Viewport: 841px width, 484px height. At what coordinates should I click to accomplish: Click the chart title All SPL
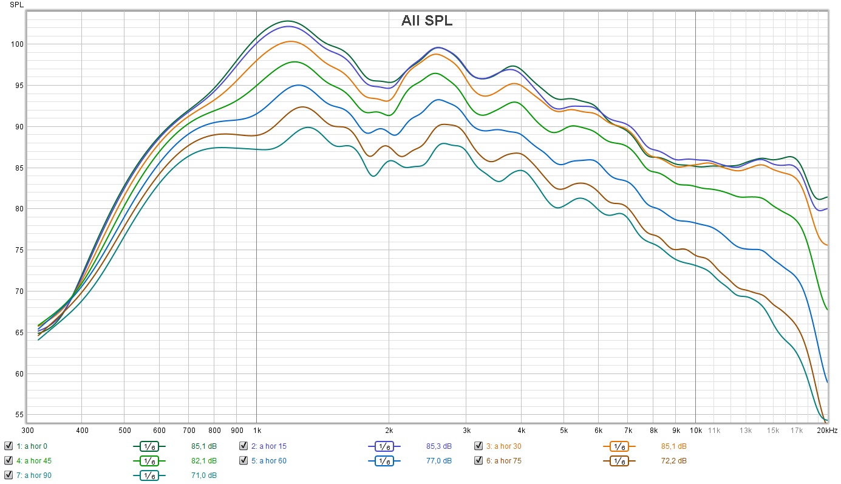pyautogui.click(x=426, y=21)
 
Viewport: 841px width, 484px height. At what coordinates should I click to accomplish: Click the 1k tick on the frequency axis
pyautogui.click(x=256, y=431)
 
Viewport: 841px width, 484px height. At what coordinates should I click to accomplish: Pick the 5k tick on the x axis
pyautogui.click(x=564, y=431)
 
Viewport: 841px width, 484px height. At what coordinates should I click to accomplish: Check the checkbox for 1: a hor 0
pyautogui.click(x=8, y=446)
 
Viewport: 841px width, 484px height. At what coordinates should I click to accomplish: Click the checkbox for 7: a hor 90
pyautogui.click(x=8, y=475)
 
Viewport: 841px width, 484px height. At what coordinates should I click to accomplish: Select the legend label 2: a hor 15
pyautogui.click(x=268, y=446)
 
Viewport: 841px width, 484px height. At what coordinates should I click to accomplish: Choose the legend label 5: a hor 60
pyautogui.click(x=268, y=460)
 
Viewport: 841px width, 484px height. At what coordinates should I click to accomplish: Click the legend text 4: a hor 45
pyautogui.click(x=34, y=460)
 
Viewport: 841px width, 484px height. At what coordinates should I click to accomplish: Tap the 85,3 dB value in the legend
pyautogui.click(x=438, y=446)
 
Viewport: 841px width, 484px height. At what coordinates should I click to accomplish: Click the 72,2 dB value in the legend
pyautogui.click(x=673, y=460)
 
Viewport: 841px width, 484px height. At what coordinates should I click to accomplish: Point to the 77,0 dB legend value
pyautogui.click(x=438, y=460)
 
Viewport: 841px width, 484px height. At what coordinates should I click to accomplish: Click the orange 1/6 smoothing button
pyautogui.click(x=619, y=446)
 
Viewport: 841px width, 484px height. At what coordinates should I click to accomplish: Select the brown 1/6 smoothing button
pyautogui.click(x=619, y=461)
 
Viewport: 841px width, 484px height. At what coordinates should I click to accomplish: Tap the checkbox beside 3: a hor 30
pyautogui.click(x=478, y=446)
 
